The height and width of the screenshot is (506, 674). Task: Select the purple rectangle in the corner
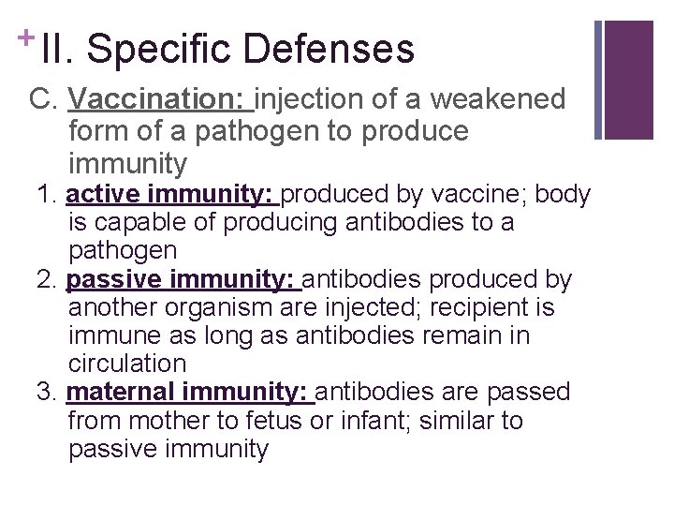(629, 80)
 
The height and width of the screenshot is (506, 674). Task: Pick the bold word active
(101, 195)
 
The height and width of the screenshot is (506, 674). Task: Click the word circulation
(127, 364)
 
